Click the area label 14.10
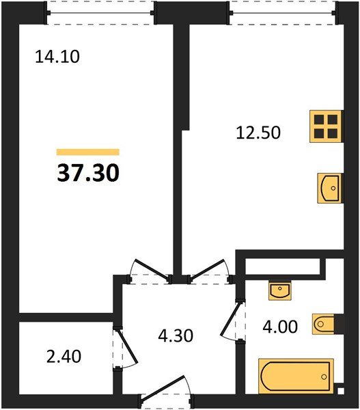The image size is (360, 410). [57, 57]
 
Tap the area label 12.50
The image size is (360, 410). [258, 133]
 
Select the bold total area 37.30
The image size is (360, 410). [88, 173]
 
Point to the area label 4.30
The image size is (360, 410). [176, 336]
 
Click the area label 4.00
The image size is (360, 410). [280, 327]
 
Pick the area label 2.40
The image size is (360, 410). [64, 357]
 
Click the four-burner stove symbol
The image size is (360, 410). [326, 126]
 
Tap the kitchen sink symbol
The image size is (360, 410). [330, 188]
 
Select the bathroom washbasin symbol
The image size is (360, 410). [280, 291]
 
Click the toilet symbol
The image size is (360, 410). [323, 324]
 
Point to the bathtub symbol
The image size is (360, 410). [296, 376]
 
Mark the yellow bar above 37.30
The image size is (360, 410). [88, 152]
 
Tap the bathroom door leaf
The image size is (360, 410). [230, 319]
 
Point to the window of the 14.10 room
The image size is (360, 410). [101, 12]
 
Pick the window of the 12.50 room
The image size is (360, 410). [282, 12]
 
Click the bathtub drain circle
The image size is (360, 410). [324, 377]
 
